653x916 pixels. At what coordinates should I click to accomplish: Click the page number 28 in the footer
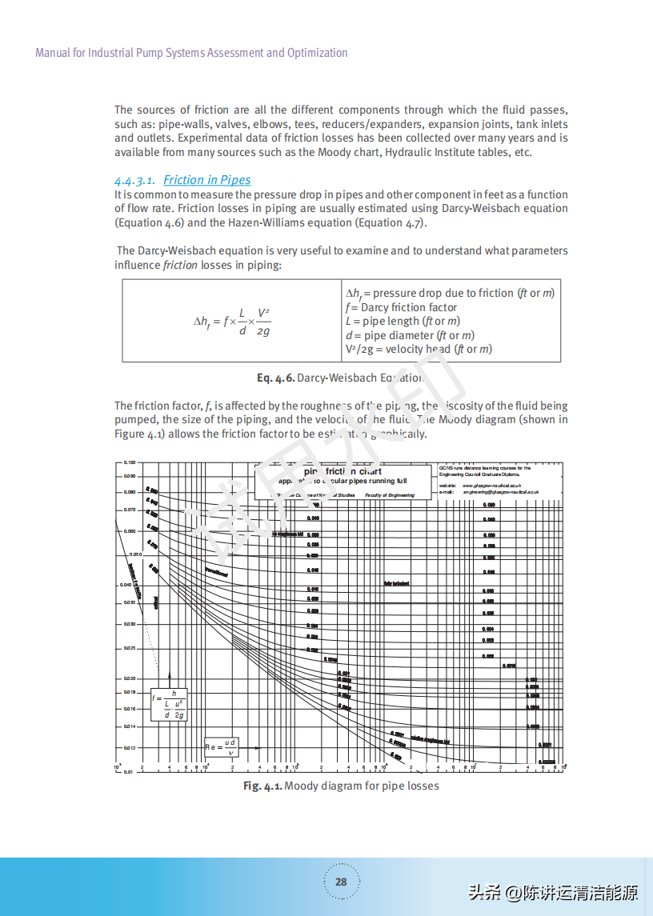(341, 882)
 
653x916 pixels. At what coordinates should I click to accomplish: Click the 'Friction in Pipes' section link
(206, 180)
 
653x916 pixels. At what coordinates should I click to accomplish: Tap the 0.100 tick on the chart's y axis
(130, 462)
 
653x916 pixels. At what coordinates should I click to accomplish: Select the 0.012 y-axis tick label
(130, 748)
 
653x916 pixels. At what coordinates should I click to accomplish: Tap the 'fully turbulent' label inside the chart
(397, 583)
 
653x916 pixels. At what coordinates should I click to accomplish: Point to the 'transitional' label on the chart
(216, 572)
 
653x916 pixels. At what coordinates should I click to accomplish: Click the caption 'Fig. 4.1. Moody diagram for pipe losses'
(341, 786)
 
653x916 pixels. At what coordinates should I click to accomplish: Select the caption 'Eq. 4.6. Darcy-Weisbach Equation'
(341, 377)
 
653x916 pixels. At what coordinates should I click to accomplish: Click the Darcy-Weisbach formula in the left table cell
(232, 321)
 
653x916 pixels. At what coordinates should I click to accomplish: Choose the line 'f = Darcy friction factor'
(401, 307)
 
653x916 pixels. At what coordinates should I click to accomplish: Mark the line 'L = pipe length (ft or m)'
(403, 321)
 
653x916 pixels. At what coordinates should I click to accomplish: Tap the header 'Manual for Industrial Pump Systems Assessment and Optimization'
(191, 53)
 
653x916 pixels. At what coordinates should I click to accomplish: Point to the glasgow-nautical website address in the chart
(492, 486)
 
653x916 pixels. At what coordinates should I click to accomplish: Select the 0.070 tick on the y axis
(130, 510)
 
